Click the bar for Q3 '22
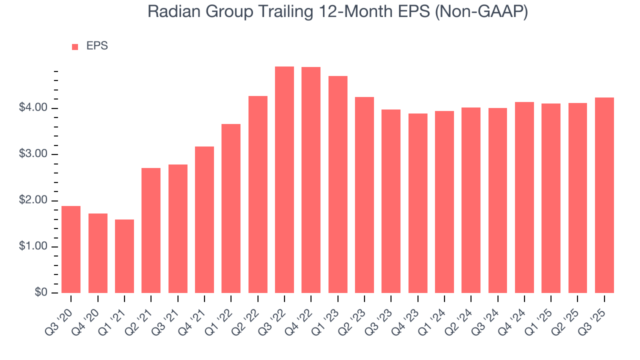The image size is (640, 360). pos(284,180)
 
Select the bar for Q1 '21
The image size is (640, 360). pos(124,256)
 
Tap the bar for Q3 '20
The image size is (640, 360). pos(71,249)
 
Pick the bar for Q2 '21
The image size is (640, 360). pos(151,230)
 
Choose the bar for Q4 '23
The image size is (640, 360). pos(418,203)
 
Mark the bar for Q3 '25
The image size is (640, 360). pos(604,195)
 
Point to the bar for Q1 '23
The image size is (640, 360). pos(338,184)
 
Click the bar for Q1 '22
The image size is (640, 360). pos(231,208)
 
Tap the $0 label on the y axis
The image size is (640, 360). pos(41,293)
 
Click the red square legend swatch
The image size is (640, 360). pos(75,47)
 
